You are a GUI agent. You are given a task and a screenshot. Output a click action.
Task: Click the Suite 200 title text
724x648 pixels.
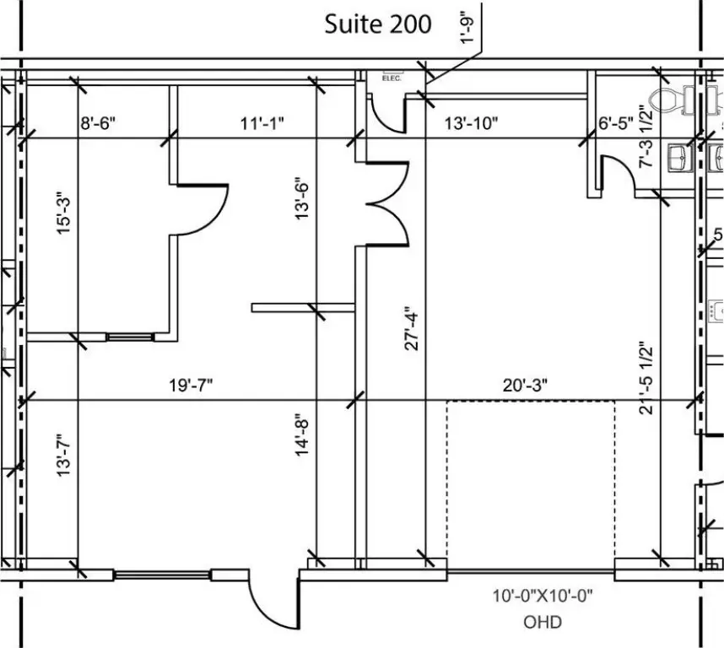[x=378, y=24]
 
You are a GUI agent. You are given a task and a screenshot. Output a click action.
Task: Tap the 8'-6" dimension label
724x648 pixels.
[x=98, y=123]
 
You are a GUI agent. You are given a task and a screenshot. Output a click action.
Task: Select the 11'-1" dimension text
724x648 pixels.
[x=262, y=123]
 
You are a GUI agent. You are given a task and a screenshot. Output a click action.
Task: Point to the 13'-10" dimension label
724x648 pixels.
[x=471, y=123]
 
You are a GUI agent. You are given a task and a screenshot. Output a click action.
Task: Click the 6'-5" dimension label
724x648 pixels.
[x=615, y=123]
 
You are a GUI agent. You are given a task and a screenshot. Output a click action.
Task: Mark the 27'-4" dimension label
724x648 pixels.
[x=411, y=328]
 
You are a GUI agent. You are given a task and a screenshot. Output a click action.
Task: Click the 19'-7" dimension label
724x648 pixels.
[x=191, y=385]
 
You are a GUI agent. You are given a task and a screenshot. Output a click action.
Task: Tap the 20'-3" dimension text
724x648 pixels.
[x=525, y=385]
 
